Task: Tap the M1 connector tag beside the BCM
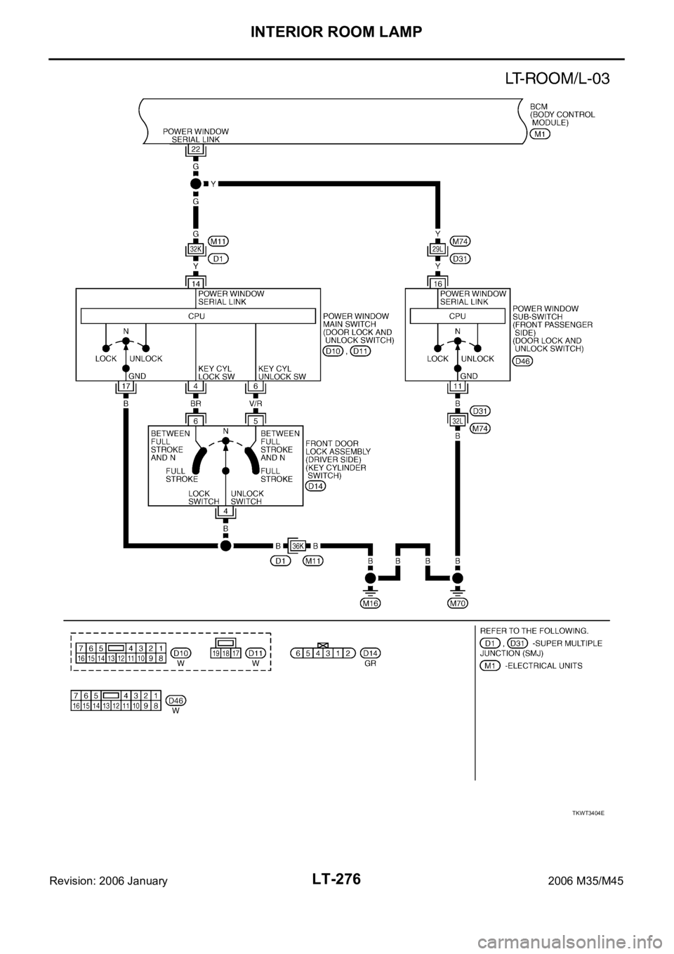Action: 540,133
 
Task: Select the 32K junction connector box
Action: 196,249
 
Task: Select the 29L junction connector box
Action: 437,249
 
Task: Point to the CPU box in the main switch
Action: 197,316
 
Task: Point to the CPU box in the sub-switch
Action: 457,316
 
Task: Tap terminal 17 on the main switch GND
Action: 126,387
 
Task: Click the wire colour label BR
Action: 196,405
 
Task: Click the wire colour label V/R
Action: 256,405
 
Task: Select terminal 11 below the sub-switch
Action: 457,387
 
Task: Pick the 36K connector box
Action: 297,544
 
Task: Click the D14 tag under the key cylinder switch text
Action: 316,487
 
